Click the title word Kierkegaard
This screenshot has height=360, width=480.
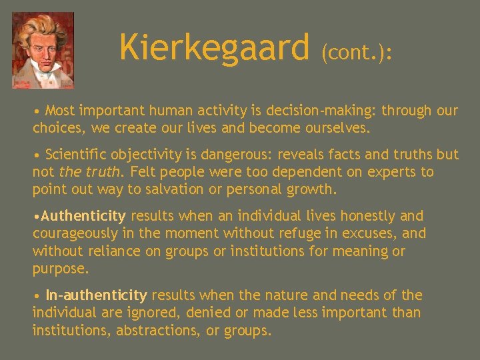(x=215, y=48)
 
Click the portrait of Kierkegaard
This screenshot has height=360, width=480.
(x=43, y=51)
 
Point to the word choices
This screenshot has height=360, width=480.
(x=57, y=127)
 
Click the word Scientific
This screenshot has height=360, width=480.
(x=77, y=155)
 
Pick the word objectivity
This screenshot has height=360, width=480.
(x=147, y=155)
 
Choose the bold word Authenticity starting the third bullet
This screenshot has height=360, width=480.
(x=83, y=216)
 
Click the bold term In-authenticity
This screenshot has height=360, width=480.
(x=96, y=295)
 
